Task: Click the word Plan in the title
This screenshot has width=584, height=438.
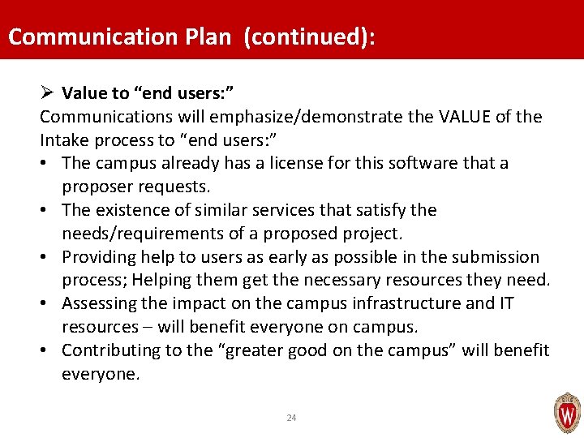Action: (206, 37)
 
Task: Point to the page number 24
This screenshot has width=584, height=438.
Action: (292, 418)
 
